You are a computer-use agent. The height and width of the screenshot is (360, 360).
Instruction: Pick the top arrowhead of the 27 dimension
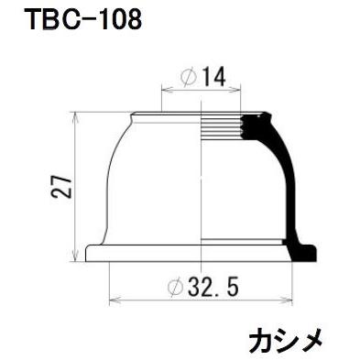[x=73, y=116]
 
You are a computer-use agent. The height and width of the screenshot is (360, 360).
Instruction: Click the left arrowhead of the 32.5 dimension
[x=113, y=300]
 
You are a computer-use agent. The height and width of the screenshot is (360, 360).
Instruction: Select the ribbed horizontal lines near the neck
[x=229, y=128]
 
